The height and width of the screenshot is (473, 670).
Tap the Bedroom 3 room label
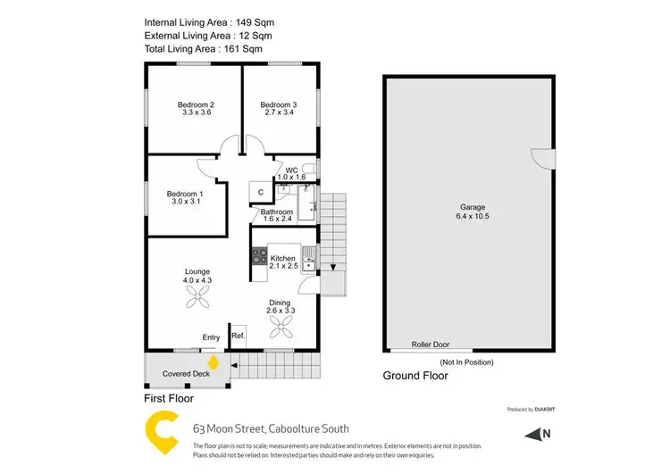tap(279, 104)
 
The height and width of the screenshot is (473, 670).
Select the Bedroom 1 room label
tap(186, 195)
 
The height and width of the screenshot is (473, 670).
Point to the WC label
tap(291, 170)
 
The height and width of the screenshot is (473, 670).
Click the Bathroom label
tap(277, 212)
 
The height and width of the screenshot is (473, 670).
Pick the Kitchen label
tap(283, 259)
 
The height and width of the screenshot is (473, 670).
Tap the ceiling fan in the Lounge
tap(197, 301)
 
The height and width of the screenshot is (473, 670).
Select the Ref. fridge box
tap(239, 336)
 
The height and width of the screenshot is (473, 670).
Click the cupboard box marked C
tap(261, 192)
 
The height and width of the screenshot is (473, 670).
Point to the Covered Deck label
tap(185, 374)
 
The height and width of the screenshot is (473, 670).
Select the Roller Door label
tap(430, 344)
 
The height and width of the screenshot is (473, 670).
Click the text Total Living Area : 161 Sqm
tap(208, 50)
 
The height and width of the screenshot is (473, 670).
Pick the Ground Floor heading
tap(415, 376)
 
